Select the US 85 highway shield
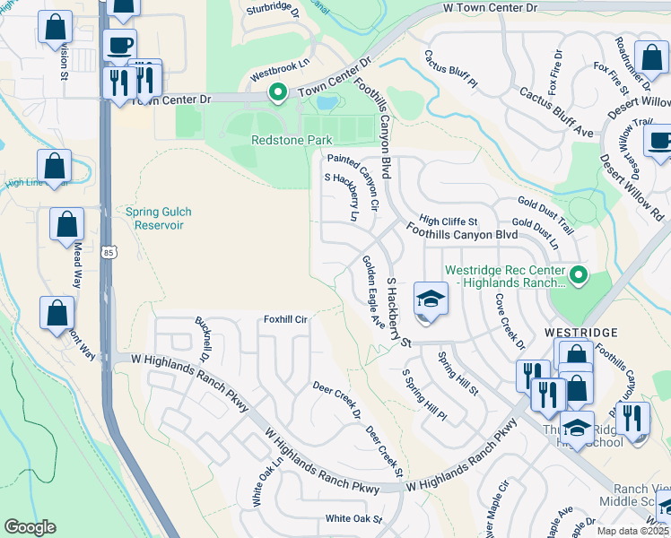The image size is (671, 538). [108, 253]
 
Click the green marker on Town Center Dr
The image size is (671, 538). [278, 92]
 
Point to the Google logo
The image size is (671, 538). [30, 527]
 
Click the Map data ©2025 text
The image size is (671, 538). [632, 531]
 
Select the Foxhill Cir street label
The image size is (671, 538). [285, 319]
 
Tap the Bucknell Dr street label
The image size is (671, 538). [202, 337]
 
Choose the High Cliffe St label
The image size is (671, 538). [449, 221]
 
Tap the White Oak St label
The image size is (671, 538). [352, 518]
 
